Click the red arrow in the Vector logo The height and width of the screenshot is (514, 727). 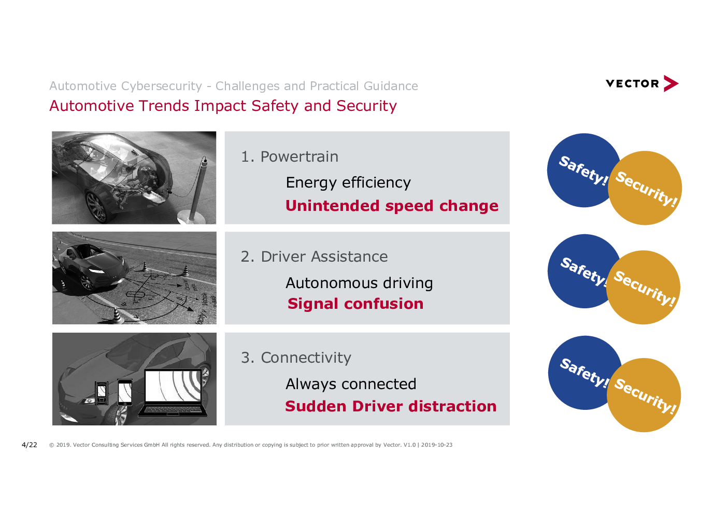(x=671, y=83)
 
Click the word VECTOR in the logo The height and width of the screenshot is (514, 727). (x=632, y=84)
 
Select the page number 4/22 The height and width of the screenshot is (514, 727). (x=29, y=445)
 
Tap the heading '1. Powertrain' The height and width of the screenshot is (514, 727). (x=290, y=156)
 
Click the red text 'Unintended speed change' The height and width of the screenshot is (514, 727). (x=392, y=206)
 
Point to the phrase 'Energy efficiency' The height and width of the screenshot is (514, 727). (x=348, y=182)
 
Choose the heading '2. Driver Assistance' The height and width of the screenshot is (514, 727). (x=314, y=256)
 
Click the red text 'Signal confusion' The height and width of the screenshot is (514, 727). (x=355, y=304)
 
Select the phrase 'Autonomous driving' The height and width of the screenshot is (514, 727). (x=359, y=283)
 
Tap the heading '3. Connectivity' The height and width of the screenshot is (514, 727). (x=296, y=358)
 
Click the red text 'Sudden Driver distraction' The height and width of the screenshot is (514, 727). (x=391, y=406)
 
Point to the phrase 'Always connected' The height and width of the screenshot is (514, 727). (x=351, y=384)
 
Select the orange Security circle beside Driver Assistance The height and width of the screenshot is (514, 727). (x=643, y=288)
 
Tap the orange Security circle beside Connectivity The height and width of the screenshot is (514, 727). (x=644, y=395)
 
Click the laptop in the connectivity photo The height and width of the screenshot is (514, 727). (x=173, y=393)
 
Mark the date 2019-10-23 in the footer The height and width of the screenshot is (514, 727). (x=436, y=445)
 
